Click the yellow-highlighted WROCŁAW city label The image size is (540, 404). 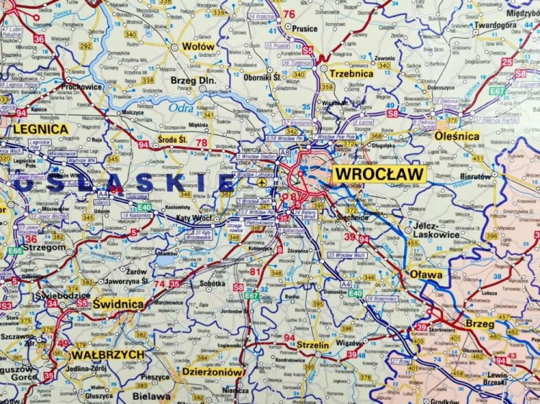point(379,174)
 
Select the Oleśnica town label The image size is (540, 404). point(457,135)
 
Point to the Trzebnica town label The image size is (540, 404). point(351,73)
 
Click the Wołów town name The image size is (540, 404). point(198,46)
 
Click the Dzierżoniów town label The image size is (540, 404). point(212,372)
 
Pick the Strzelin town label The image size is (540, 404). point(312,344)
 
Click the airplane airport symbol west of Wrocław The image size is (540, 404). point(260,183)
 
